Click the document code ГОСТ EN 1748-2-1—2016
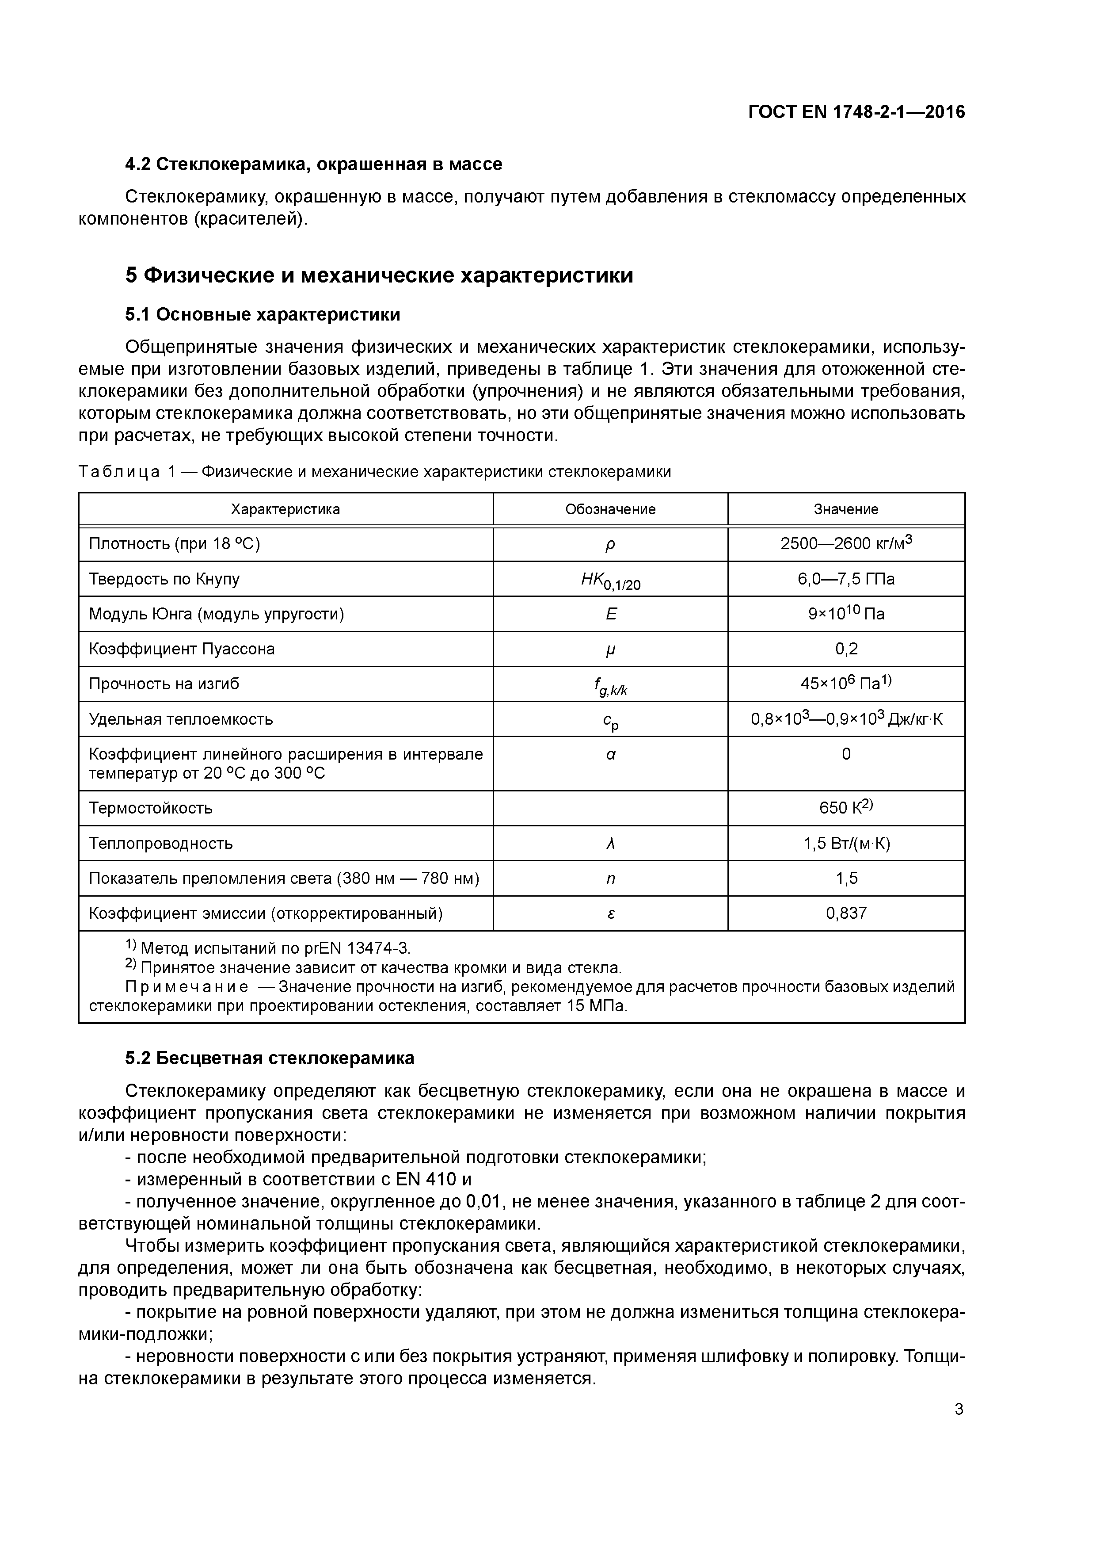856,112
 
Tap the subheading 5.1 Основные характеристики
263,315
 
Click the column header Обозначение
610,509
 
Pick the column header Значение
845,509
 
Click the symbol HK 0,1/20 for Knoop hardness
610,580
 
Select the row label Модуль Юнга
216,614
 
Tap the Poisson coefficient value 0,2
845,649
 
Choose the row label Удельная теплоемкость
181,719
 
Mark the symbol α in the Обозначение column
610,755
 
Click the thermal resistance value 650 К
845,808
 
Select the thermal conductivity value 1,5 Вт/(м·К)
845,843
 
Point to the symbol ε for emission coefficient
610,913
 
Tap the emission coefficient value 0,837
845,913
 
